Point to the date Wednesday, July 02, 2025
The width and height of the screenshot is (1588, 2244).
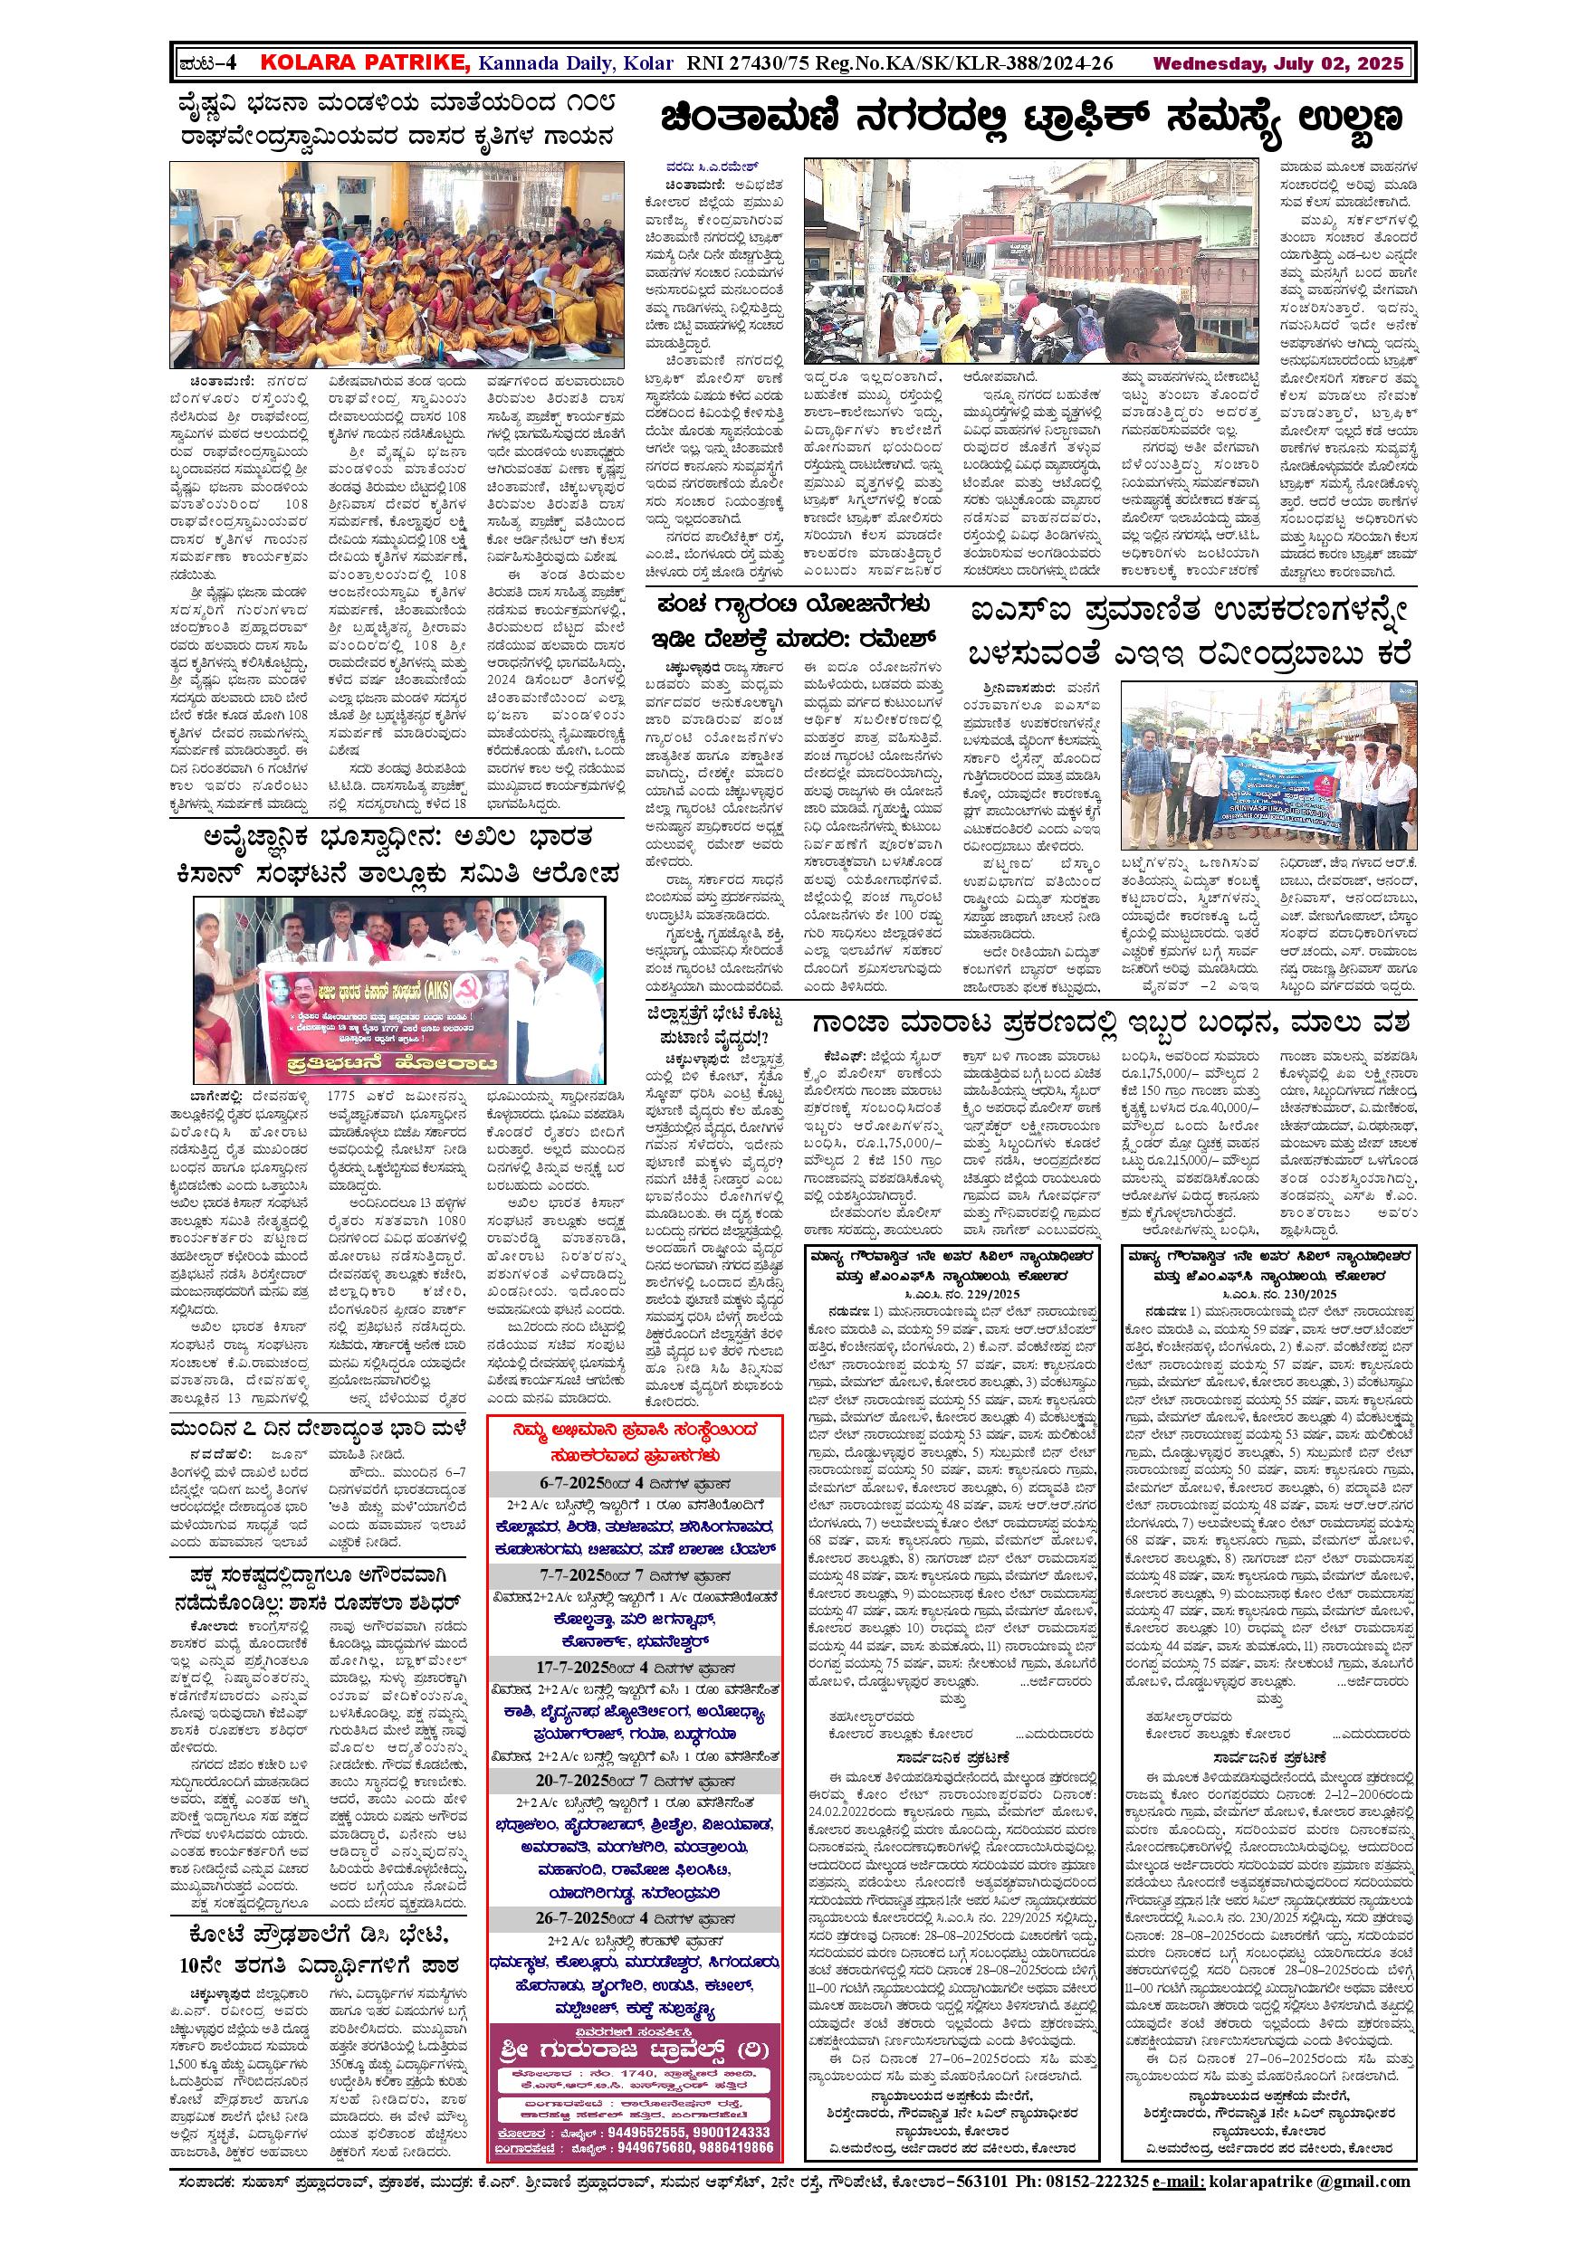[x=1278, y=64]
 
